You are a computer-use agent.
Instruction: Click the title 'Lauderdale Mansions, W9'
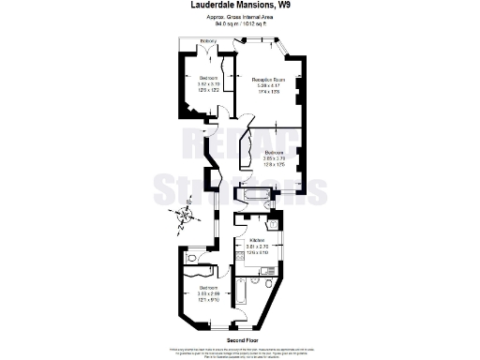[239, 6]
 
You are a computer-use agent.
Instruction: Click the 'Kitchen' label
[256, 240]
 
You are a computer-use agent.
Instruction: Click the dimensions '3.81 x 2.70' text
[256, 247]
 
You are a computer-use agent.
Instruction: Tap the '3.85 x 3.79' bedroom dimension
[274, 157]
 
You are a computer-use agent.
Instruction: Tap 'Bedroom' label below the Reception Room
[274, 151]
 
